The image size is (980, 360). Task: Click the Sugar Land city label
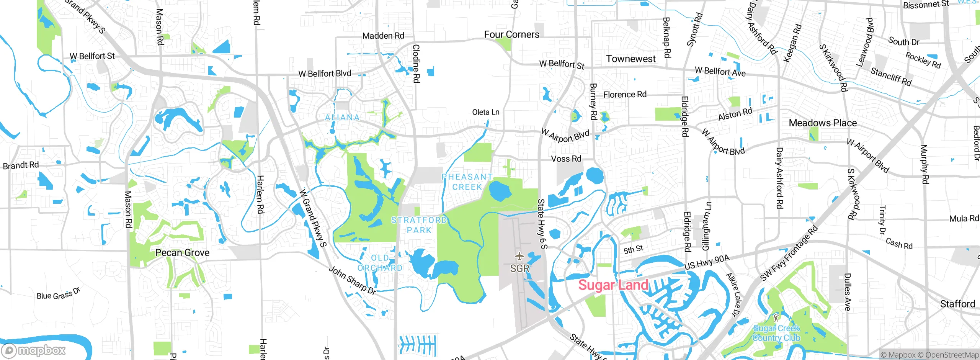[x=613, y=285]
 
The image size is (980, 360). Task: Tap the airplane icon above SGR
[x=519, y=256]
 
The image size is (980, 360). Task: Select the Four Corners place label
[x=511, y=34]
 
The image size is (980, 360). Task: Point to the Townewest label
[x=630, y=59]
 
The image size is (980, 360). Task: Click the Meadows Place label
[x=823, y=123]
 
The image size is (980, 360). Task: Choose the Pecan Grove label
[x=182, y=253]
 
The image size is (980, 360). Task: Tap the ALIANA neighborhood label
[x=342, y=118]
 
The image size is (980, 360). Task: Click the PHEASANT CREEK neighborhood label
[x=467, y=182]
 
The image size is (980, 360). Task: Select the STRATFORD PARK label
[x=419, y=225]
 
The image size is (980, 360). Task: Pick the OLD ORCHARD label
[x=380, y=263]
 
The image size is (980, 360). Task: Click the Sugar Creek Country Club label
[x=776, y=333]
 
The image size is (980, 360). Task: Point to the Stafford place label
[x=957, y=304]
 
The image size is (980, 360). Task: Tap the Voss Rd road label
[x=566, y=159]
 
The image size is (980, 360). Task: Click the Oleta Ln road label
[x=485, y=112]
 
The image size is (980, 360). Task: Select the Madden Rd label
[x=383, y=36]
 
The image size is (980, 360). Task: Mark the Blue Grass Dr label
[x=59, y=294]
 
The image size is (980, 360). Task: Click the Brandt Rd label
[x=21, y=165]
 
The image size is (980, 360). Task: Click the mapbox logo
[x=34, y=350]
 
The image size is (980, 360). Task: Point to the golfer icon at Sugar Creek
[x=776, y=317]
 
